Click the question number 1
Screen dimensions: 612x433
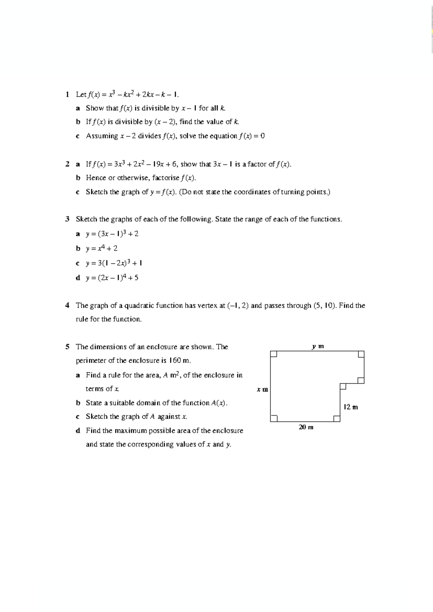tap(67, 95)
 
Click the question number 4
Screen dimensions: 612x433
tap(67, 306)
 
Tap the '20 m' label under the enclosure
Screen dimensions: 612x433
tap(306, 427)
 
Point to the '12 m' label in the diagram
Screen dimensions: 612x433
tap(351, 407)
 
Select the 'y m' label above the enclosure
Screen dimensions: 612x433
tap(318, 346)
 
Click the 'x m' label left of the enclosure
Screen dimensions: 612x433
tap(262, 390)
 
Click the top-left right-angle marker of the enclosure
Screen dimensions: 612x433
tap(274, 354)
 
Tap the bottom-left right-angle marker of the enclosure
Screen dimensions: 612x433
tap(274, 418)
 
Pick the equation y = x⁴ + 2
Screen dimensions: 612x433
tap(101, 248)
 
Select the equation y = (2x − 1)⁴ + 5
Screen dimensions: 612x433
tap(112, 278)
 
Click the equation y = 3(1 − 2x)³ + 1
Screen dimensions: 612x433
tap(114, 263)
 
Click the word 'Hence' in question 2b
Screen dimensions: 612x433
tap(96, 178)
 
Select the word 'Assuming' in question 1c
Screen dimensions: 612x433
tap(102, 136)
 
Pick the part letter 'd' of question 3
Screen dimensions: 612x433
tap(78, 278)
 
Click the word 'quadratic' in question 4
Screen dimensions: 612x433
tap(139, 306)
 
